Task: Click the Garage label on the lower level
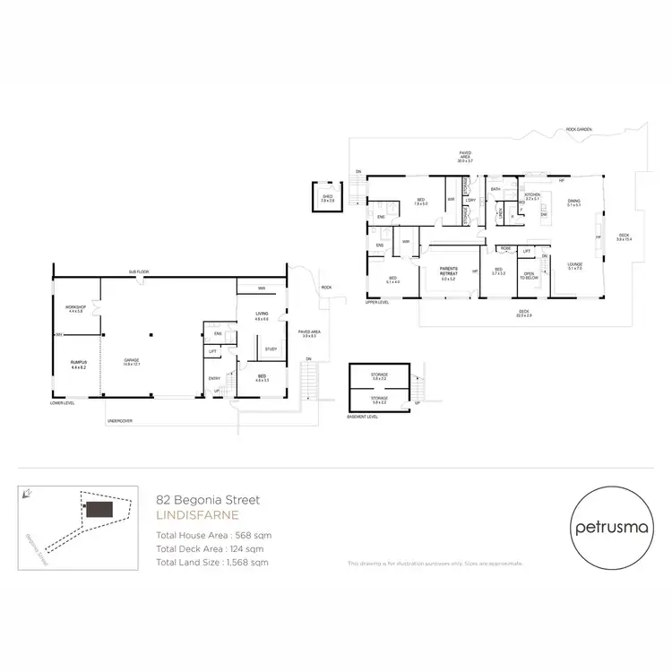132,359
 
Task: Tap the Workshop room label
73,308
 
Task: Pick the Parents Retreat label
448,273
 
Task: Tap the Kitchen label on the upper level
531,195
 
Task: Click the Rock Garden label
579,130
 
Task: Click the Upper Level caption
377,302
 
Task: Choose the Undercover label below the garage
121,419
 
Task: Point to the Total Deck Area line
210,548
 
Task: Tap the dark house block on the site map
99,509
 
